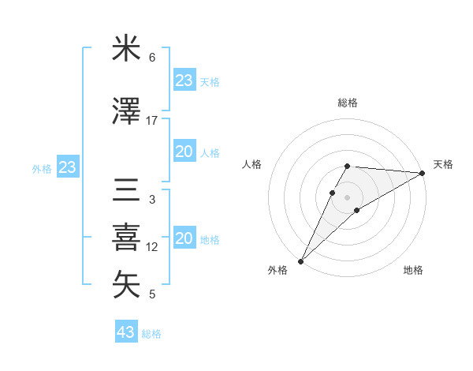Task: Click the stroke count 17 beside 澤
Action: click(152, 121)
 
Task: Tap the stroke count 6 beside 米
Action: click(152, 58)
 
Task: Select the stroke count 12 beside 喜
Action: click(152, 247)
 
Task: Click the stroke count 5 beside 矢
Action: click(152, 294)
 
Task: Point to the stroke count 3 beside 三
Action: click(152, 200)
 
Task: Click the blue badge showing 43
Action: click(126, 332)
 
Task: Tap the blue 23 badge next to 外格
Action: click(67, 167)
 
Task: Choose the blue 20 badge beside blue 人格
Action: click(184, 152)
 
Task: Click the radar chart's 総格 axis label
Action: click(347, 103)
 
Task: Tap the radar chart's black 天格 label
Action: click(443, 164)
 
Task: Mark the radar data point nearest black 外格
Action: click(300, 261)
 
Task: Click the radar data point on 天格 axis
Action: click(423, 173)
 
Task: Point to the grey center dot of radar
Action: click(347, 197)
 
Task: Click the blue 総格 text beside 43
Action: click(151, 334)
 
